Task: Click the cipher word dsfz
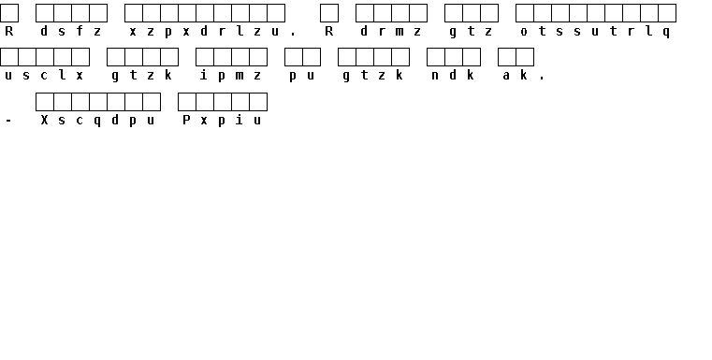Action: click(71, 31)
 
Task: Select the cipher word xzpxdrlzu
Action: click(204, 31)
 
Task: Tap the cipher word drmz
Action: click(390, 31)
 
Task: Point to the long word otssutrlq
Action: click(596, 31)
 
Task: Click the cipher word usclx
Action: click(44, 76)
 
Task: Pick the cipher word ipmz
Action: click(231, 76)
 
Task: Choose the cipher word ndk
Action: click(453, 76)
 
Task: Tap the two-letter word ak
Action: click(516, 76)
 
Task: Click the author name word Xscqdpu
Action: click(97, 121)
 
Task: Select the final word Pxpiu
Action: click(222, 121)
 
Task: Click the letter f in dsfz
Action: click(80, 31)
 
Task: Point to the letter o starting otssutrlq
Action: click(524, 32)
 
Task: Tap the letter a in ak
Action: click(506, 76)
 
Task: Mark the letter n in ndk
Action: click(435, 76)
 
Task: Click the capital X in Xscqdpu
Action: click(44, 120)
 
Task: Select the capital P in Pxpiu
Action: click(186, 120)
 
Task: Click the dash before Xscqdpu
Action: click(8, 121)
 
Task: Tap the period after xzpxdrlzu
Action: click(293, 34)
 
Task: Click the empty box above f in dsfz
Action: click(80, 13)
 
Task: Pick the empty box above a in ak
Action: click(507, 57)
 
